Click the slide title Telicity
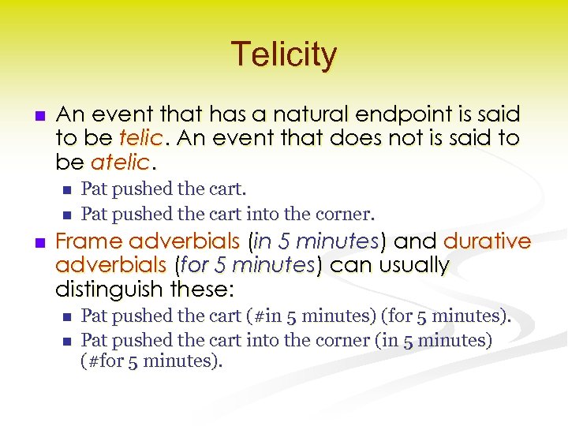284,54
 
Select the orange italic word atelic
120,163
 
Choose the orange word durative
488,241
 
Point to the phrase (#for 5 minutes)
152,362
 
